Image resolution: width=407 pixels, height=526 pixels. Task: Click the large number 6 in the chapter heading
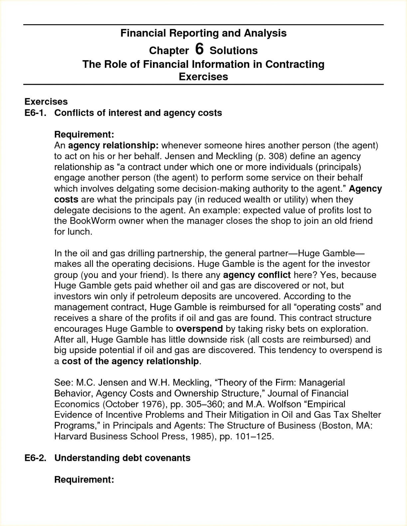pos(199,49)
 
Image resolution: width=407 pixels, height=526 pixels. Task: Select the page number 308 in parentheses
pos(276,156)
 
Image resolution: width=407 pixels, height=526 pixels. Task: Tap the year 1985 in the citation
pos(201,436)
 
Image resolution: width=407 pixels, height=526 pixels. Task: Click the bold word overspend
pos(199,329)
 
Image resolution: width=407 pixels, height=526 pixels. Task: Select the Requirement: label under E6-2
pos(84,479)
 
